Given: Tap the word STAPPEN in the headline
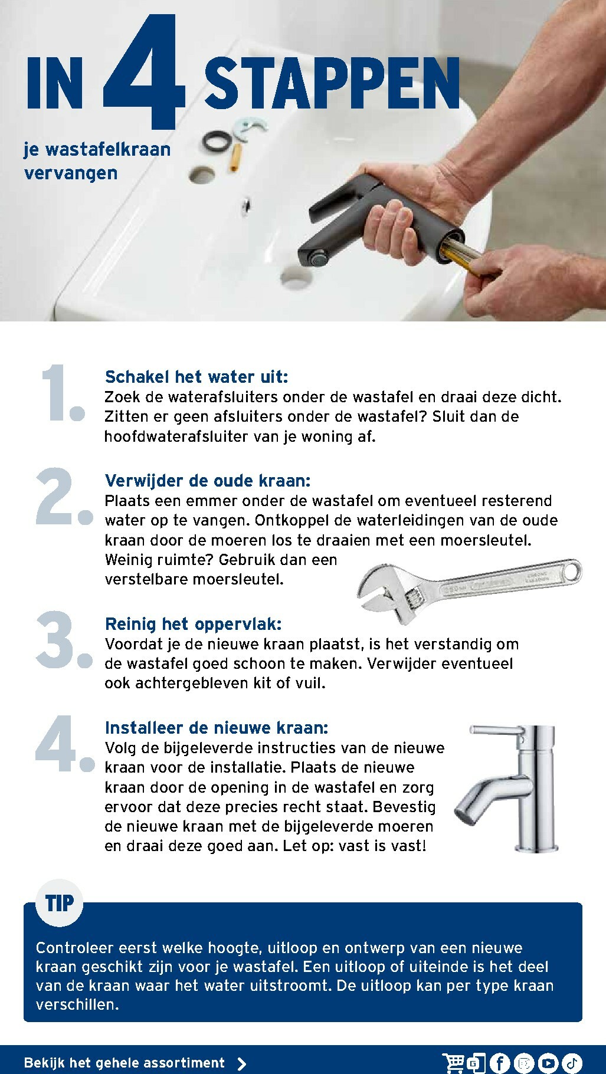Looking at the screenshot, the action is pyautogui.click(x=332, y=84).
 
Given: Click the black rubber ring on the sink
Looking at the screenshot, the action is pyautogui.click(x=217, y=142).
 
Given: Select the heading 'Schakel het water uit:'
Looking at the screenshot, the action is pyautogui.click(x=196, y=377).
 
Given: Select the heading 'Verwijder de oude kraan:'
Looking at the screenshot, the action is pyautogui.click(x=208, y=481).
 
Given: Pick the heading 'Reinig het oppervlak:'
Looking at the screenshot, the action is pyautogui.click(x=194, y=624).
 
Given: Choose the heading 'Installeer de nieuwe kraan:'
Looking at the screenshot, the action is pyautogui.click(x=217, y=728).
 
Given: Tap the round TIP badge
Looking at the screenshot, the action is pyautogui.click(x=60, y=902).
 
